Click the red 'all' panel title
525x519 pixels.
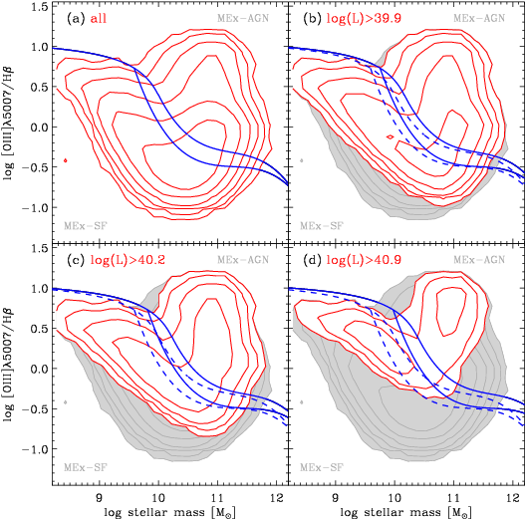pyautogui.click(x=98, y=19)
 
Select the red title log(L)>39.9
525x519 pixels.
pyautogui.click(x=365, y=19)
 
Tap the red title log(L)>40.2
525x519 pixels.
pyautogui.click(x=128, y=260)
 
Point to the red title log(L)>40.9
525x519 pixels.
pyautogui.click(x=365, y=260)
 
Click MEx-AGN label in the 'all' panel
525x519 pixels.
pyautogui.click(x=243, y=19)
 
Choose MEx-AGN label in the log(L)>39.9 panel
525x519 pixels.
pyautogui.click(x=479, y=19)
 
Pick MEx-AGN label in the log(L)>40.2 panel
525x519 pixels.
pyautogui.click(x=243, y=260)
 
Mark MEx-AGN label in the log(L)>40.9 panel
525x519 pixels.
pyautogui.click(x=479, y=260)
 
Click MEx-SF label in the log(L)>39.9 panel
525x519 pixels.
pyautogui.click(x=322, y=225)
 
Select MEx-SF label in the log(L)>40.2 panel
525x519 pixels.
pyautogui.click(x=86, y=466)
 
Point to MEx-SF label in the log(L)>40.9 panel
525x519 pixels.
pyautogui.click(x=322, y=466)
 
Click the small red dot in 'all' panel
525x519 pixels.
pyautogui.click(x=65, y=160)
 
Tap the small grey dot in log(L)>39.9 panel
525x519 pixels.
pyautogui.click(x=301, y=160)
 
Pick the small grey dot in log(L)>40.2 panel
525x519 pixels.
pyautogui.click(x=65, y=401)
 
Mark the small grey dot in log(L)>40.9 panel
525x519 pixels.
pyautogui.click(x=301, y=401)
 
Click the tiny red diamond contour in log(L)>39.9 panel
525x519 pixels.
pyautogui.click(x=390, y=136)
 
